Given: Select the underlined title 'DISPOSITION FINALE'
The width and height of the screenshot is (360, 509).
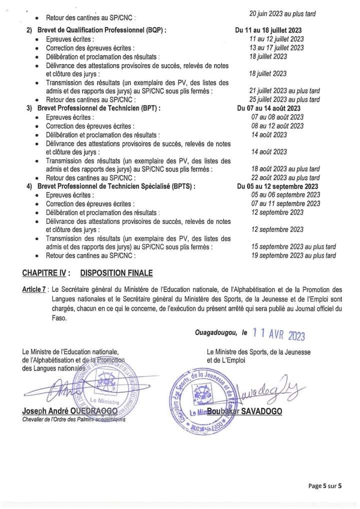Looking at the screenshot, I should pos(116,273).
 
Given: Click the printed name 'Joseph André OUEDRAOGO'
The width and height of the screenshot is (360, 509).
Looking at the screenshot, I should pos(69,410).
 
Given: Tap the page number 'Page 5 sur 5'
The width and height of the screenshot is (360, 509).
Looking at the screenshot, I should pos(324,485).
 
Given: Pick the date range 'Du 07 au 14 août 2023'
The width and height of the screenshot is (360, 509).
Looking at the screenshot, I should pos(268,108).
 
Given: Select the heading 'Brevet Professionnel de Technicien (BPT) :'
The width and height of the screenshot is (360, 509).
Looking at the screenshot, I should pos(98,108).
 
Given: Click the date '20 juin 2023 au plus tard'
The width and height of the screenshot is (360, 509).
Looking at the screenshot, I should pos(282,13).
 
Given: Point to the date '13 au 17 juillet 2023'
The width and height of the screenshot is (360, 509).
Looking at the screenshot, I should pos(277,48).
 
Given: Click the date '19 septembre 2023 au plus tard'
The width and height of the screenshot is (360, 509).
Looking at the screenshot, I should pos(293,256).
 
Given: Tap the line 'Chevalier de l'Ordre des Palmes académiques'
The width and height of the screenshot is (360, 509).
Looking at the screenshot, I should pos(74,419).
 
